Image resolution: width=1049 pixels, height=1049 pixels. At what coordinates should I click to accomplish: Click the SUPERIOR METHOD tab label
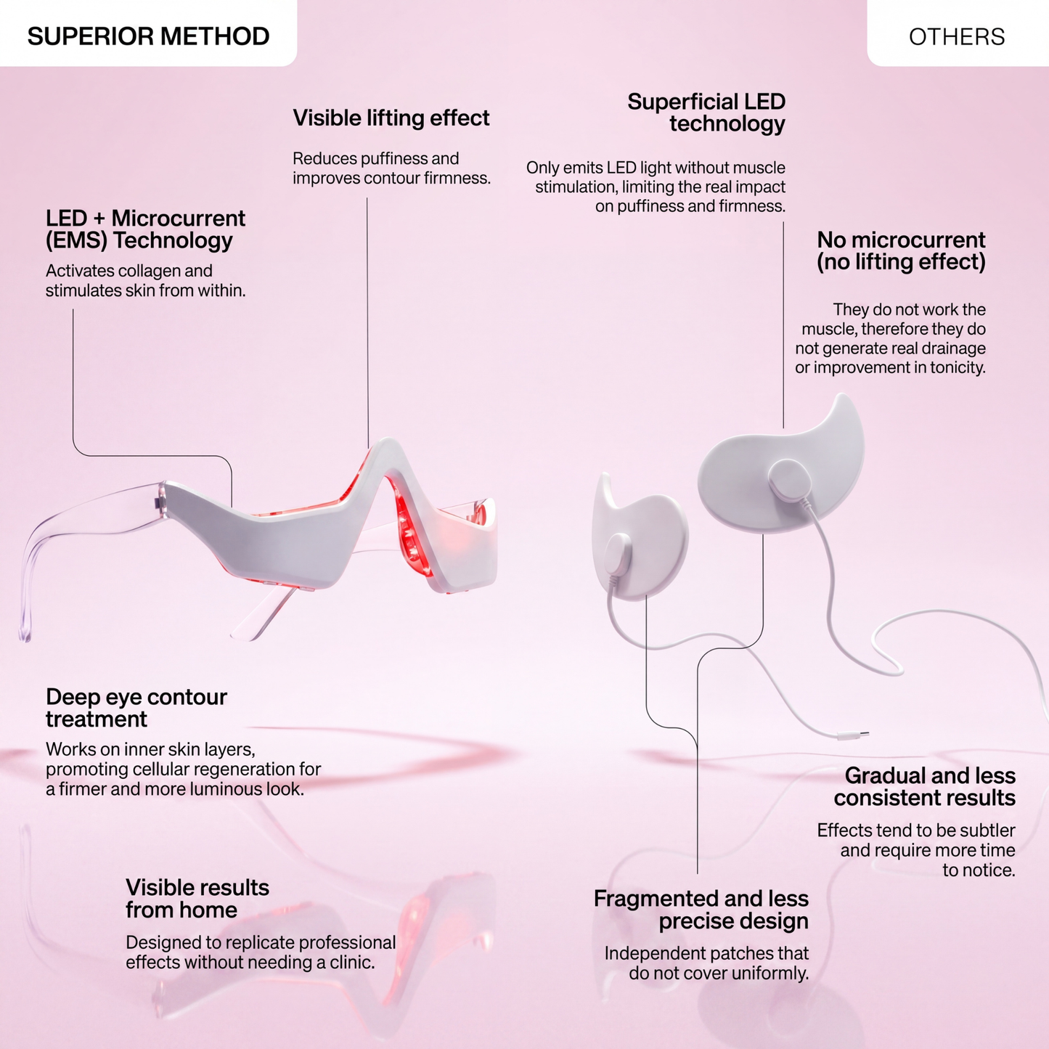point(149,36)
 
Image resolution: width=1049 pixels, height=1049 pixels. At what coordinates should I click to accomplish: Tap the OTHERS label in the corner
point(957,37)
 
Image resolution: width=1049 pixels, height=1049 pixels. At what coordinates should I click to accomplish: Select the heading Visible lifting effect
point(391,118)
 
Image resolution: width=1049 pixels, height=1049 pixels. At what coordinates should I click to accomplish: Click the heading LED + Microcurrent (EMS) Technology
point(145,229)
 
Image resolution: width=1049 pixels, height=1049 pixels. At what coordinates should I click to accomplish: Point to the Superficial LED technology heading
point(706,112)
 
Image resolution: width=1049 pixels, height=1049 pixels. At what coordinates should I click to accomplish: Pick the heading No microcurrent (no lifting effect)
point(901,250)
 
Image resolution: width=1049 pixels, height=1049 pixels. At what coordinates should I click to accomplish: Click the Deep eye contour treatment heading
point(136,708)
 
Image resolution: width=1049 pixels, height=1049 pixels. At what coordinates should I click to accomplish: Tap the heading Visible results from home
point(197,898)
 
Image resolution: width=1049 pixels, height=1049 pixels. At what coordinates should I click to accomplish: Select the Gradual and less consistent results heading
point(924,786)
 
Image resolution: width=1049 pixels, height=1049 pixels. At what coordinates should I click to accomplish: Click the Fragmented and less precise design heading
point(701,910)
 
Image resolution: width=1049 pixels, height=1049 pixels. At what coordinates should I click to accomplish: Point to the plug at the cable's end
point(854,736)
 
